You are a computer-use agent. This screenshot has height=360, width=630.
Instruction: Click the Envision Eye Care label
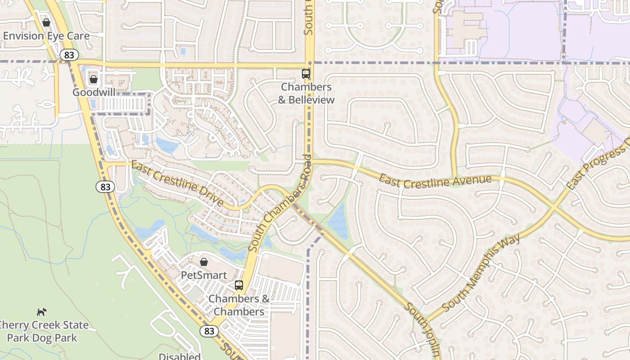click(x=46, y=36)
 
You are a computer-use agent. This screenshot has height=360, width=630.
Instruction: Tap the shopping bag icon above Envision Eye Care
click(x=46, y=22)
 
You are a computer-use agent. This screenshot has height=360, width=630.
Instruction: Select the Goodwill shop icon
click(x=94, y=79)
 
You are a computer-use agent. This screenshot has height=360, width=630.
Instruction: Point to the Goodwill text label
click(x=94, y=92)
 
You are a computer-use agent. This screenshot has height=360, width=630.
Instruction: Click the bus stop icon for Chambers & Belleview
click(x=306, y=73)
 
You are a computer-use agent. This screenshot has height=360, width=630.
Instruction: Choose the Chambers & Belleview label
click(x=306, y=93)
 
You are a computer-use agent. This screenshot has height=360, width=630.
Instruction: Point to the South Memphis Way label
click(x=481, y=272)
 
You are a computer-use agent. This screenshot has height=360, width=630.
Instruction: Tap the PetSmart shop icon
click(x=204, y=261)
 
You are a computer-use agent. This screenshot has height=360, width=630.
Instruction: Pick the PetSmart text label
click(x=204, y=274)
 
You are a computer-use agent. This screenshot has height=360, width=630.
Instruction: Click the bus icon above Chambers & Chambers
click(x=239, y=285)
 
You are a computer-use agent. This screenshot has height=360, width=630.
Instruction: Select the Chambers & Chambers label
click(x=239, y=305)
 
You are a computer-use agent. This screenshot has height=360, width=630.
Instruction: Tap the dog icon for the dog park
click(x=42, y=312)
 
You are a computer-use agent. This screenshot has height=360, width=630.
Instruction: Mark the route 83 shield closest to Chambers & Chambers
click(x=209, y=331)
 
